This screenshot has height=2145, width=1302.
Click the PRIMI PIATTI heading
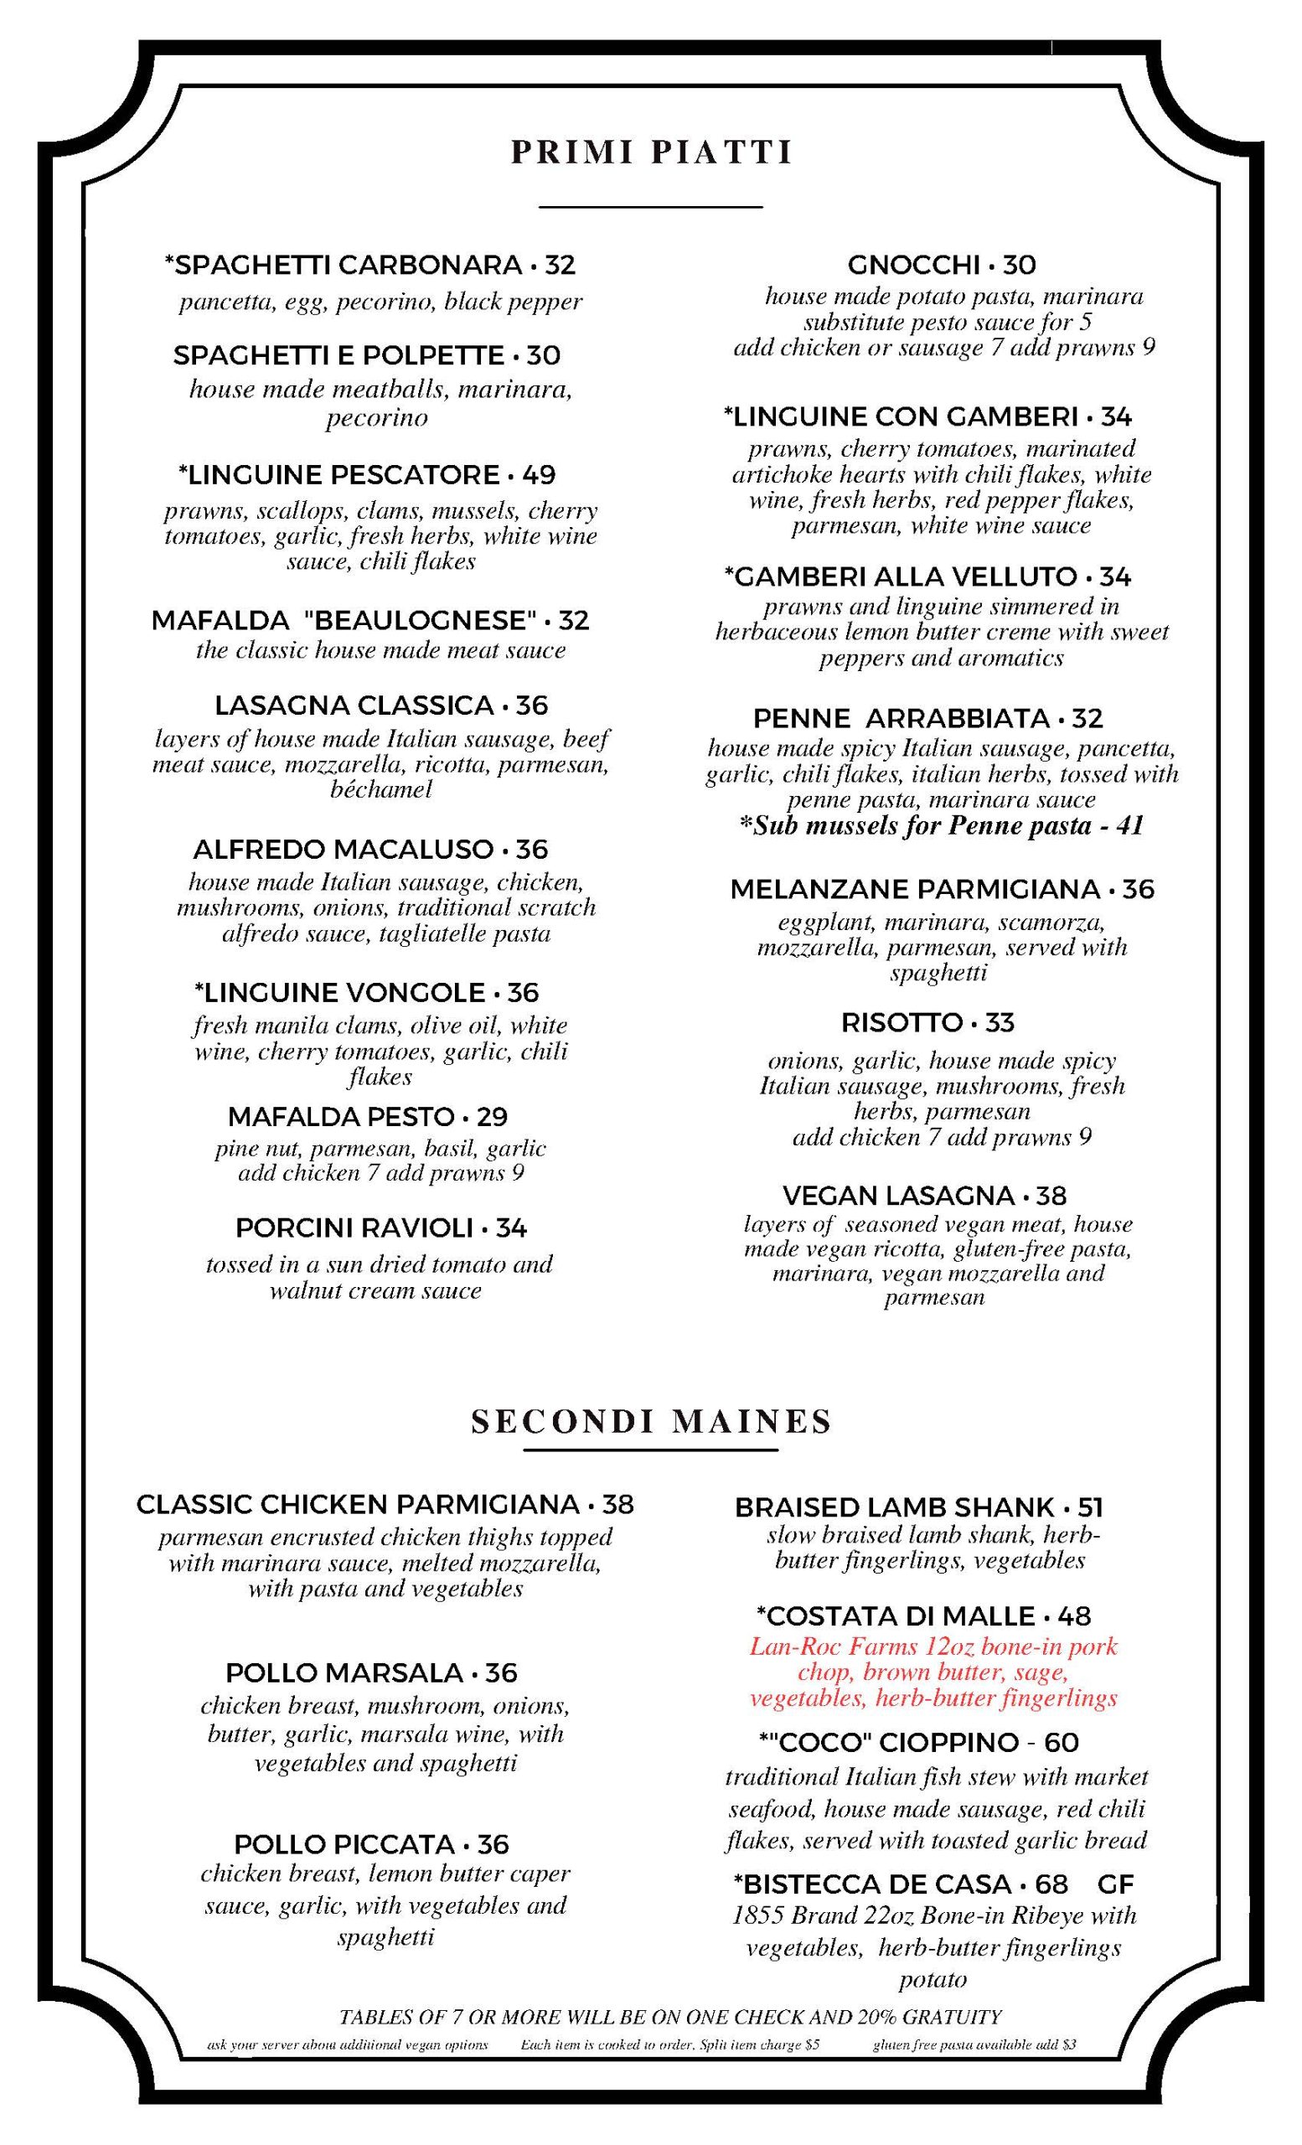651,152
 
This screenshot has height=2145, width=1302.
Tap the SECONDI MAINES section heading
651,1422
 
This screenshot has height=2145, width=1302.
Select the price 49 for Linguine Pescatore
539,475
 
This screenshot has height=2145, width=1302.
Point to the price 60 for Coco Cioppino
1061,1742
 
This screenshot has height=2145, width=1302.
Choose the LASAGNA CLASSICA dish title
354,705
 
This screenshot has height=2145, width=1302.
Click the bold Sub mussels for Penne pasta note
941,825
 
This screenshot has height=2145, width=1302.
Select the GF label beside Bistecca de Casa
1116,1884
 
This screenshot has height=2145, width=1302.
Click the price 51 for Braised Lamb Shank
1091,1507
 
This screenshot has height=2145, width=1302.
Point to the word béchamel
381,790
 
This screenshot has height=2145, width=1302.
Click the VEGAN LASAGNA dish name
898,1195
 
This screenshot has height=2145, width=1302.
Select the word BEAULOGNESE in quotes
420,621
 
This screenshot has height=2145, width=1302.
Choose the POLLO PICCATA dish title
344,1845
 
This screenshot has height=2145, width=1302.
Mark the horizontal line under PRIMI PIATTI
651,207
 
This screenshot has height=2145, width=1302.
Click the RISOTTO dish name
902,1022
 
